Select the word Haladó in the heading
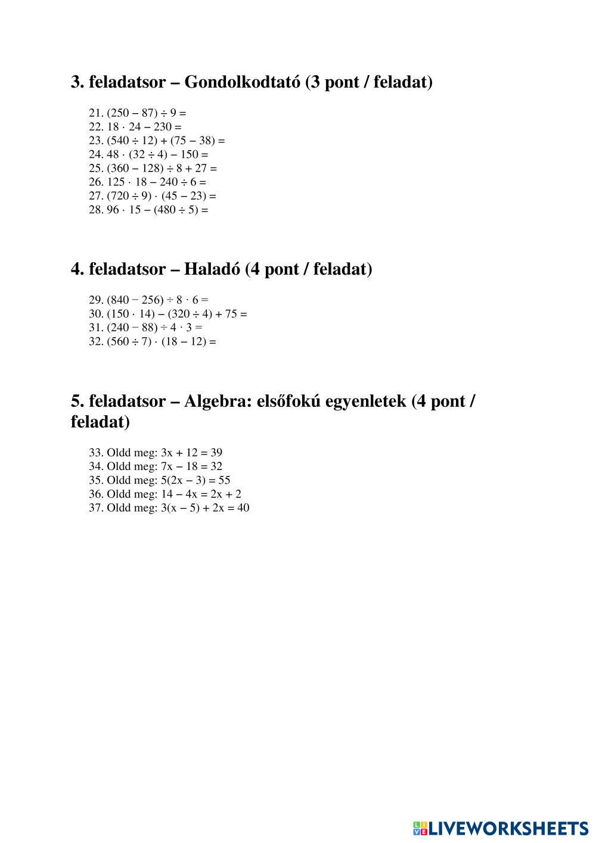212,269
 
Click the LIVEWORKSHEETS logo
500,828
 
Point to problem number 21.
96,113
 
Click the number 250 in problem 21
119,113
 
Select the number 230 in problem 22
163,127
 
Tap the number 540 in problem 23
119,141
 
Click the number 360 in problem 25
119,169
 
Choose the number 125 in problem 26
116,182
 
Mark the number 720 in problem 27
119,196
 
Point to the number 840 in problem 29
119,300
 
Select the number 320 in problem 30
181,314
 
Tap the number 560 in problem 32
119,342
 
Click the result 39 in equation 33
216,453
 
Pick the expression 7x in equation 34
166,466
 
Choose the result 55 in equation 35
224,480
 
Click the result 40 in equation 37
243,508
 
